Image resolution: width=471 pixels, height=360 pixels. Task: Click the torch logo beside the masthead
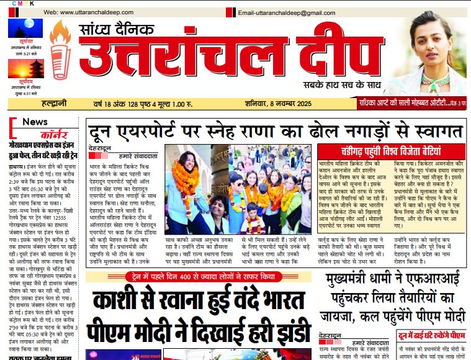tap(60, 55)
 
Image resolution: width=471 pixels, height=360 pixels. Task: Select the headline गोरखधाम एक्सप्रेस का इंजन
tap(43, 148)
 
